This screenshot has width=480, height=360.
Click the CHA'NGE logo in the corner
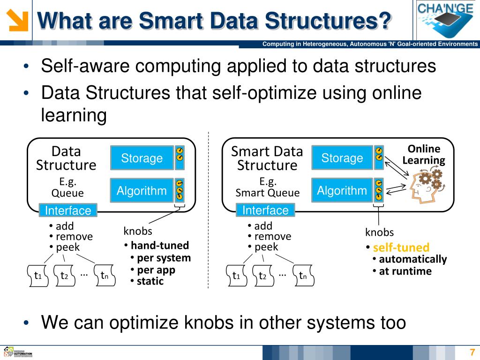[x=445, y=19]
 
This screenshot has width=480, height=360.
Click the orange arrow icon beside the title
[x=18, y=20]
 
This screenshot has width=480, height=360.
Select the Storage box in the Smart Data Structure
[x=342, y=158]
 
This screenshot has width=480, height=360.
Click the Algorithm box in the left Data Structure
[x=142, y=191]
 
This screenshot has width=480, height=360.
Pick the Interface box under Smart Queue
[x=265, y=210]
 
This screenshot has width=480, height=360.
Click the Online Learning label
[x=424, y=155]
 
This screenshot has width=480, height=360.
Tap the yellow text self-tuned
[x=401, y=247]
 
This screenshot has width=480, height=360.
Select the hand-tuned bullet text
[x=159, y=245]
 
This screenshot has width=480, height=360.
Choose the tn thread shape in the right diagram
[x=303, y=276]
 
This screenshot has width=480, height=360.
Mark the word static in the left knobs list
[x=150, y=281]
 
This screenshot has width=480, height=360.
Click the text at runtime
[x=405, y=271]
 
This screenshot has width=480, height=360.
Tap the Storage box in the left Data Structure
[x=142, y=158]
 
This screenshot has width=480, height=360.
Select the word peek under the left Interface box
[x=68, y=247]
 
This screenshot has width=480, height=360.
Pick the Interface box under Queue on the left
[x=68, y=210]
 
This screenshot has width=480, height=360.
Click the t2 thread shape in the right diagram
[x=262, y=276]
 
